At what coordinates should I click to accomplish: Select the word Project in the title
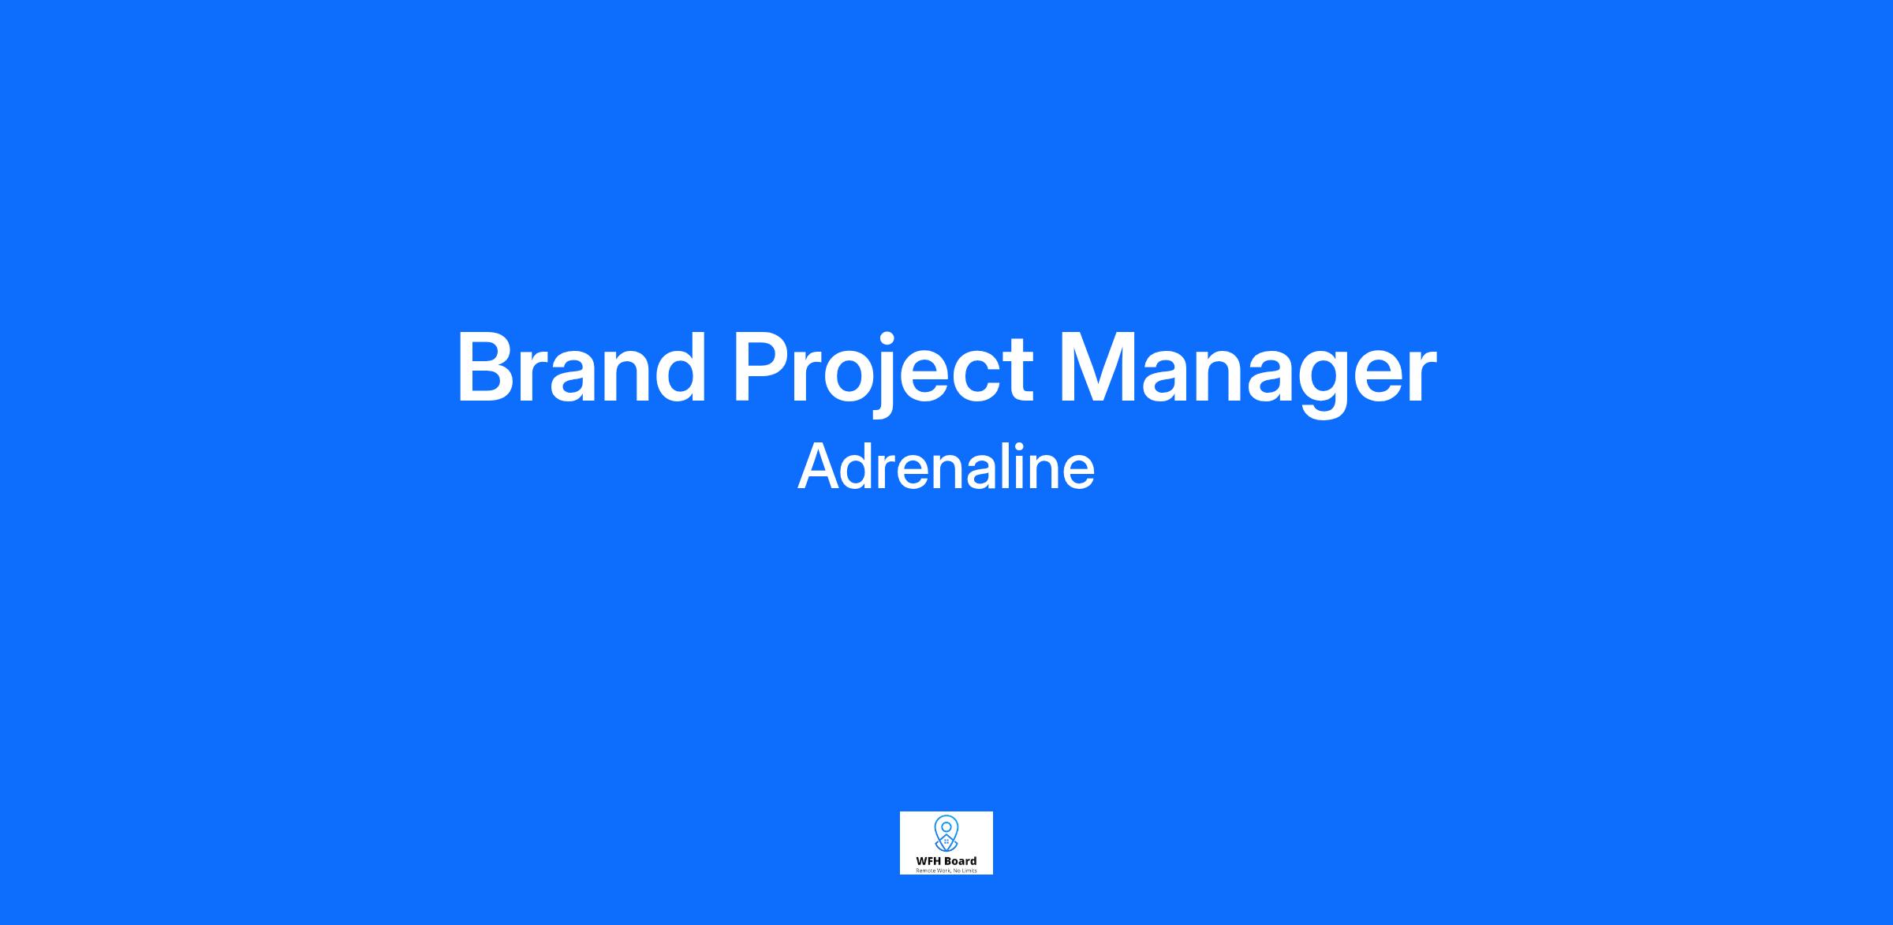coord(883,373)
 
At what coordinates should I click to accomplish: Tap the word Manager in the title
coord(1248,373)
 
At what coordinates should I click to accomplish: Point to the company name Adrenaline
coord(946,465)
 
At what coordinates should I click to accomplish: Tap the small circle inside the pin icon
coord(946,827)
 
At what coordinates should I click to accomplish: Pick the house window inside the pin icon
coord(946,842)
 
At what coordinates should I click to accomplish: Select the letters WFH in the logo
coord(929,861)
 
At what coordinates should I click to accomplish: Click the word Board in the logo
coord(961,861)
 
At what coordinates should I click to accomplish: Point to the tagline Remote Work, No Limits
coord(946,871)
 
